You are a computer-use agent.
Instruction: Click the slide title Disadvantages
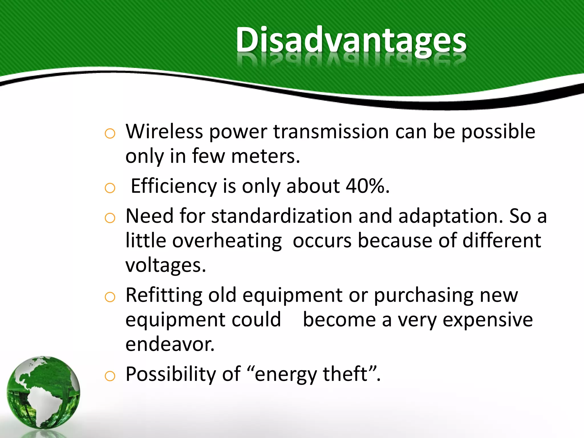pos(351,40)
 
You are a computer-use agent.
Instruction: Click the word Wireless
pos(164,131)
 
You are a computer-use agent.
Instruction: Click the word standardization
pos(281,216)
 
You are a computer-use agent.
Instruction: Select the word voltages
pos(165,265)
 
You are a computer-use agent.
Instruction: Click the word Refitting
pos(164,295)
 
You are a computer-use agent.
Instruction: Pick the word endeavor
pos(170,344)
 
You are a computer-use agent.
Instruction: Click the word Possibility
pos(171,374)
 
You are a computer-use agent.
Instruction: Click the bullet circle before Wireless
pos(110,133)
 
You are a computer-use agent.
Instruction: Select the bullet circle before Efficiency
pos(110,188)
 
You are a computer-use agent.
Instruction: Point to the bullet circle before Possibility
pos(110,376)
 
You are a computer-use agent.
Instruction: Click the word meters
pos(265,156)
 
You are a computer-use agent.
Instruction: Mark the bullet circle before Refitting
pos(110,297)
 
